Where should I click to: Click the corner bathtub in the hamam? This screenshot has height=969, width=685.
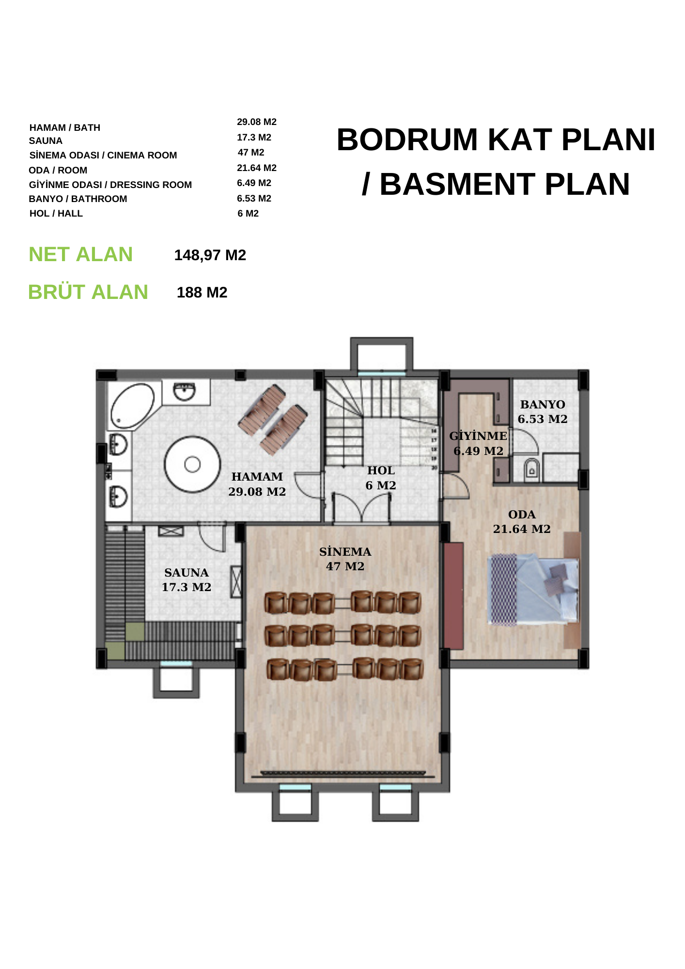coord(132,406)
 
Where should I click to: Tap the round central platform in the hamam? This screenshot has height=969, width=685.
coord(192,464)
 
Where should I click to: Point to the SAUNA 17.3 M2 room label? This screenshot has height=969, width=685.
coord(187,580)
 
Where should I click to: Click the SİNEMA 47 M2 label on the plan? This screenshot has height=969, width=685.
coord(345,559)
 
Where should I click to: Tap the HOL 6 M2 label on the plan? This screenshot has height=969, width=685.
coord(381,478)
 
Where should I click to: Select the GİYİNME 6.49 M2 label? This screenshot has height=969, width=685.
coord(478,443)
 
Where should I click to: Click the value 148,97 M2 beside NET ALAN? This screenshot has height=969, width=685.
coord(210,255)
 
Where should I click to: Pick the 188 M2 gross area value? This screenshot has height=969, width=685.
coord(202,293)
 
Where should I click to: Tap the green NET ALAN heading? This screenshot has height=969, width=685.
coord(81,254)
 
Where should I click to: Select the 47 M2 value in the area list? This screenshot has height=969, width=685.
coord(251,153)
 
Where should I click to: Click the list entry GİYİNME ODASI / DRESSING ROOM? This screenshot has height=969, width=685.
coord(110,185)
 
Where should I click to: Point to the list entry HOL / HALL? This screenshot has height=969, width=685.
coord(56,214)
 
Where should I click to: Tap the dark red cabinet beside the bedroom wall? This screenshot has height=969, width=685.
coord(453,595)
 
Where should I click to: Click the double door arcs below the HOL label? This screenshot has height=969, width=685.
coord(362,507)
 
